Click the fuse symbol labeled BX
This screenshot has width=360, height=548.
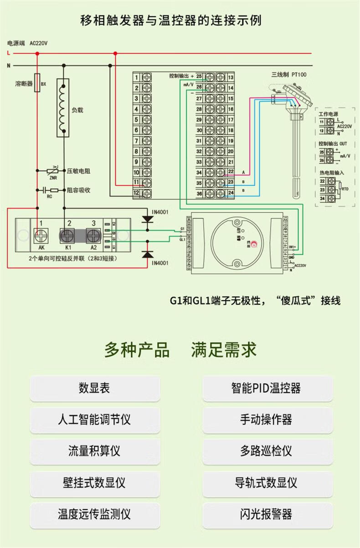(x=37, y=84)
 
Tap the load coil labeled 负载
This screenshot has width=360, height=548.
(x=62, y=108)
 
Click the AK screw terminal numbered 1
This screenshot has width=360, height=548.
(x=41, y=236)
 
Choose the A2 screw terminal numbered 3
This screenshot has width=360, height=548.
(x=94, y=236)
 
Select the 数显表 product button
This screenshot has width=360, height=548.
(x=95, y=389)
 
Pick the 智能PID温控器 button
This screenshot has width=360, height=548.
(x=266, y=389)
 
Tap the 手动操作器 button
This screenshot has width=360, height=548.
(x=266, y=420)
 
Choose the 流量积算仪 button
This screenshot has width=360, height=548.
(x=95, y=451)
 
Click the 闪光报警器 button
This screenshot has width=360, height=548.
(x=266, y=514)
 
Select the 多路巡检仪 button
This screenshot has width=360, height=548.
(x=266, y=451)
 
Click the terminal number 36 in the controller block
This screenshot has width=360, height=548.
(x=199, y=194)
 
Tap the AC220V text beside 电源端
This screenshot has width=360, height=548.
(x=38, y=43)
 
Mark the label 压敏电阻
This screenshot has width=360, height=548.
(x=78, y=171)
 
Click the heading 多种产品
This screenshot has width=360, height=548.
(x=137, y=350)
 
